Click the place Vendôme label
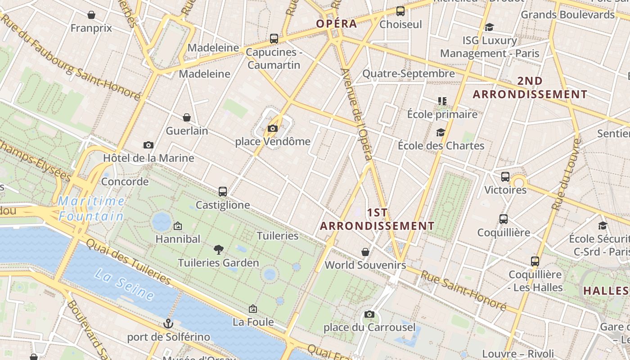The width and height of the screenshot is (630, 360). click(x=273, y=141)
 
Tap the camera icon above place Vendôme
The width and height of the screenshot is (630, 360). click(x=272, y=129)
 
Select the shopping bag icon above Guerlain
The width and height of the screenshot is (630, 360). click(x=187, y=118)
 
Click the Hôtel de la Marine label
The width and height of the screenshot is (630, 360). click(x=148, y=158)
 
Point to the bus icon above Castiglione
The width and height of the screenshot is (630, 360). click(x=223, y=192)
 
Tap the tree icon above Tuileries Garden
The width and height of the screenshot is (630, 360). click(x=219, y=249)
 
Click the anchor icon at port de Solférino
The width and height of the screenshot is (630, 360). click(x=168, y=324)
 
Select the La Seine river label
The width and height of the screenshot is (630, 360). click(x=125, y=283)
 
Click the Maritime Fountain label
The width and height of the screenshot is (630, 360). click(x=91, y=208)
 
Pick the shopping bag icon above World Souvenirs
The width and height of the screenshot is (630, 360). click(x=365, y=252)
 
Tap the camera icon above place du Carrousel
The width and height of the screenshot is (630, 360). click(x=369, y=314)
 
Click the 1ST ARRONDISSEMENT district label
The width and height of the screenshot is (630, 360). click(x=377, y=219)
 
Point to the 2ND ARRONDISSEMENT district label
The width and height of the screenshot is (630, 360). click(x=530, y=88)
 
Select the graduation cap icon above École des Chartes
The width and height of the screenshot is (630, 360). click(x=441, y=133)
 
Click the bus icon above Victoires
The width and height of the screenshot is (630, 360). click(x=505, y=177)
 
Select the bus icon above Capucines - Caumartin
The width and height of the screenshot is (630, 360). click(x=274, y=39)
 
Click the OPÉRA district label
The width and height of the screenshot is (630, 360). click(x=336, y=24)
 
